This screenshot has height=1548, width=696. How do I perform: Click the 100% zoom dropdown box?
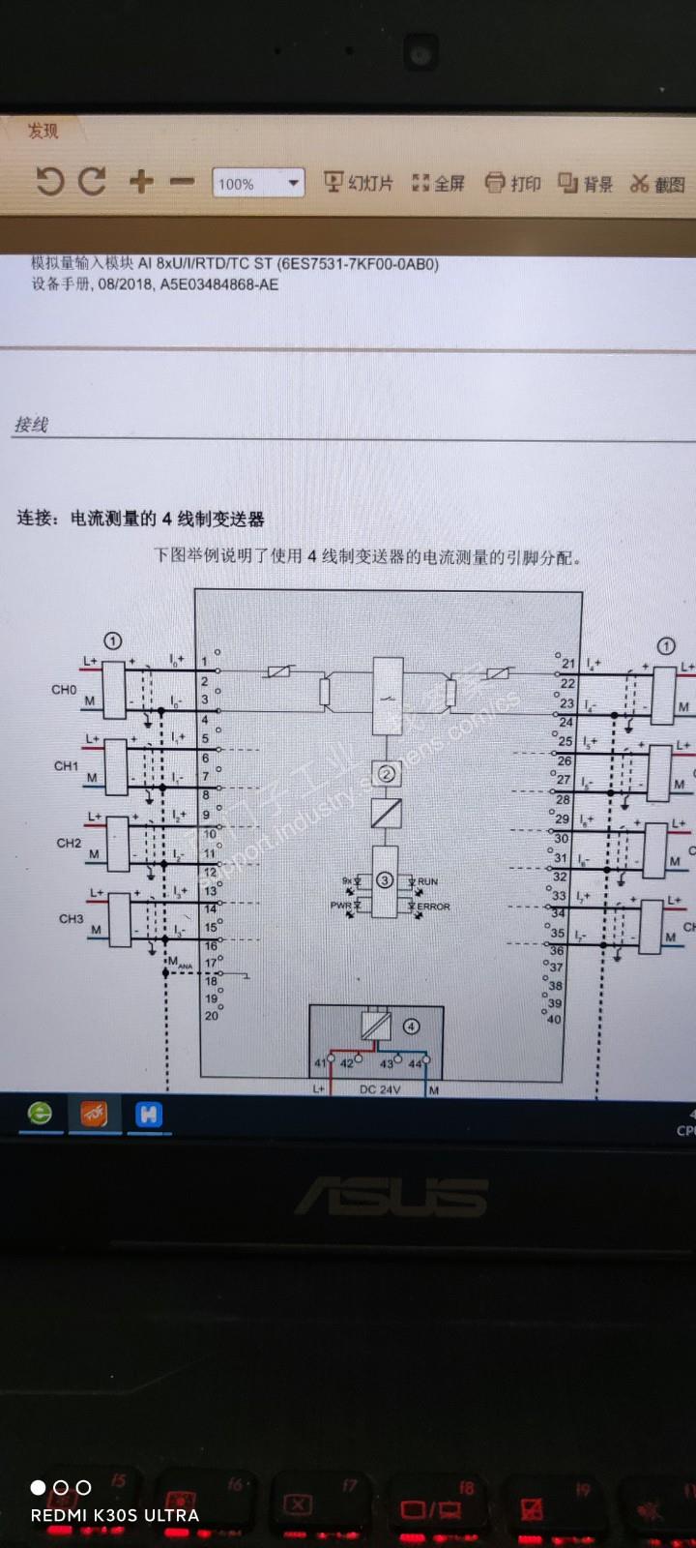pos(258,183)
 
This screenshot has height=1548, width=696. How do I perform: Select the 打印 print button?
pos(513,183)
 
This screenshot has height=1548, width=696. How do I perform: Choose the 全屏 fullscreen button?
pos(439,183)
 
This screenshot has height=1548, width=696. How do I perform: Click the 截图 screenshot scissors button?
pos(657,184)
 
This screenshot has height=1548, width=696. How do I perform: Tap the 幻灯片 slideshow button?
pos(359,182)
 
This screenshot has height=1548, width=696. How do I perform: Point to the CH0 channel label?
pos(64,690)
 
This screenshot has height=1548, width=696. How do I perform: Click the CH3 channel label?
pos(71,918)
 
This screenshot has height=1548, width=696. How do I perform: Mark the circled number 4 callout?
pos(411,1027)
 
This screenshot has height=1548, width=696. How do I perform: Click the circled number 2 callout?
pos(387,773)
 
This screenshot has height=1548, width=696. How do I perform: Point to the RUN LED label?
pos(427,881)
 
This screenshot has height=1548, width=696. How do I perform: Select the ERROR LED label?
pos(433,907)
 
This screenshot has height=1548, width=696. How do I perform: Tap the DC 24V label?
pos(379,1089)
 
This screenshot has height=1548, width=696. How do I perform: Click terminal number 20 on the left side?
pos(211,1016)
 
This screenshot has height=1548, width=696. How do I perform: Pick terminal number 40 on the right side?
pos(554,1019)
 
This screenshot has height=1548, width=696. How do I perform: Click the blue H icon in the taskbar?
pos(148,1115)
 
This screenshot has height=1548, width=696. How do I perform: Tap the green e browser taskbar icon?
pos(40,1114)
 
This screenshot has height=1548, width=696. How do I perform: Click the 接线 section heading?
pos(31,425)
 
